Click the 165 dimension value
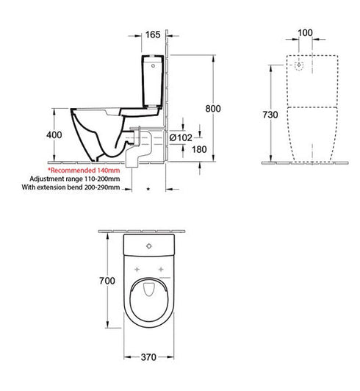pos(153,34)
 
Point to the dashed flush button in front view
pos(299,65)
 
